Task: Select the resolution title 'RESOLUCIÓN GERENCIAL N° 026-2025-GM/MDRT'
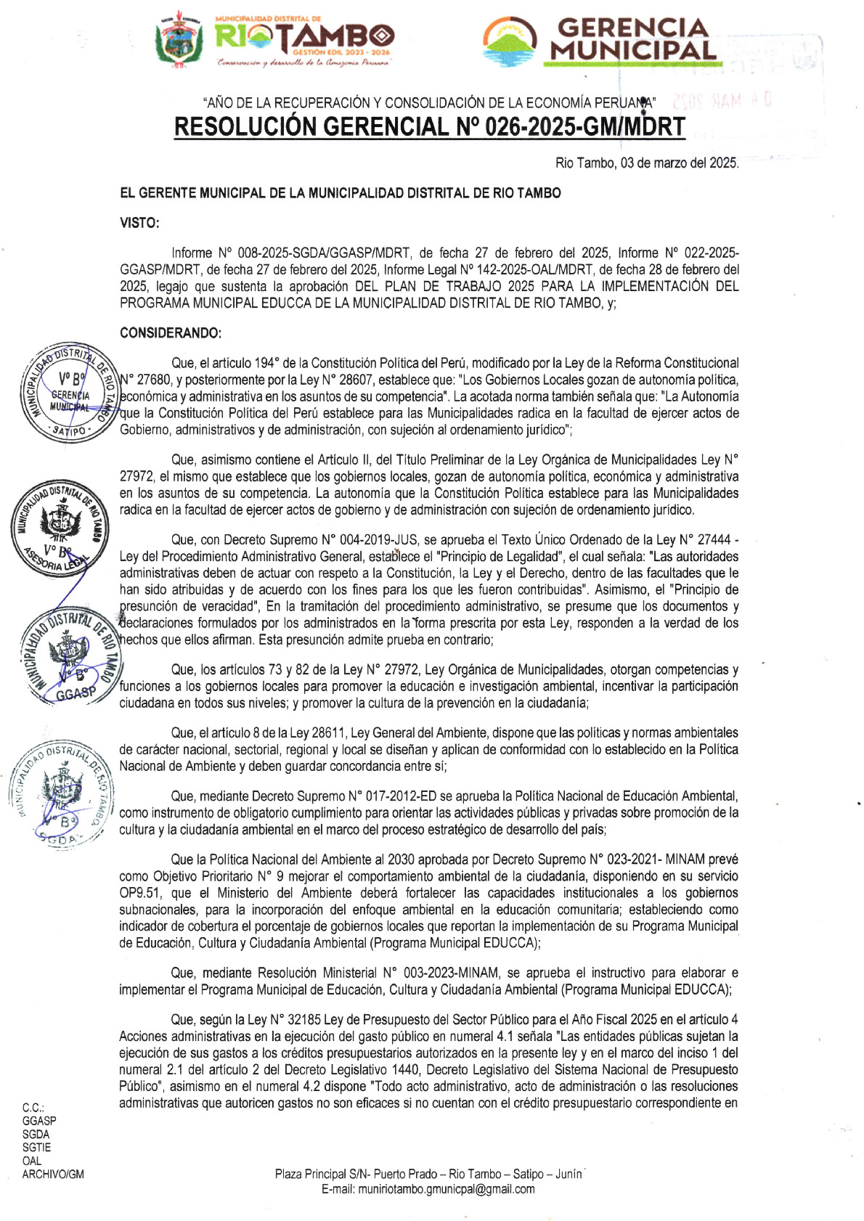[x=429, y=127]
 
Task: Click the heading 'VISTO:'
[x=139, y=223]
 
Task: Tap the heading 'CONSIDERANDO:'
[x=170, y=333]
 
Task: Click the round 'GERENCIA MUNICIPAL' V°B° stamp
[x=69, y=393]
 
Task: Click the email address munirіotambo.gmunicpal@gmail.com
[x=428, y=1189]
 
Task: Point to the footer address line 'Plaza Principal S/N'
[x=428, y=1174]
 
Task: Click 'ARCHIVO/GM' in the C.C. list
[x=53, y=1174]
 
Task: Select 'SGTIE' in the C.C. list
[x=36, y=1148]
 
